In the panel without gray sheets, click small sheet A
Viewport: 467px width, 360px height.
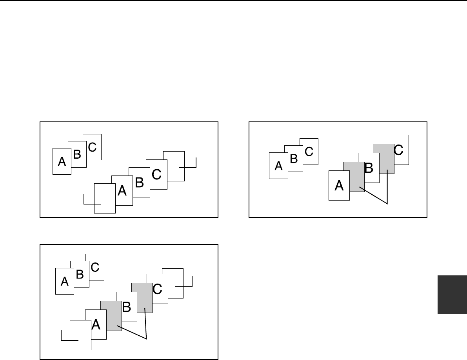(x=62, y=161)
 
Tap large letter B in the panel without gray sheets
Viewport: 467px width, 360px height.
(x=139, y=182)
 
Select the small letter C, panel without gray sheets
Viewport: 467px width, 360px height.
(x=92, y=147)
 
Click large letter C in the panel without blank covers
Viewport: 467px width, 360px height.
(x=398, y=150)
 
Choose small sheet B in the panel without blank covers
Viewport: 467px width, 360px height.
(x=293, y=159)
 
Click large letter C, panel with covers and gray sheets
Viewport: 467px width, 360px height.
(x=157, y=289)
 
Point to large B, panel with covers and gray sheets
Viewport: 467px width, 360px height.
(x=126, y=307)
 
